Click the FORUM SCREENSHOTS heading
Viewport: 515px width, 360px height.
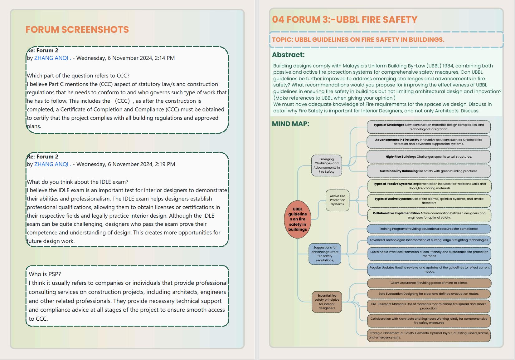[x=77, y=29]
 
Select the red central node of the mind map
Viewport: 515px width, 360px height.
[x=298, y=219]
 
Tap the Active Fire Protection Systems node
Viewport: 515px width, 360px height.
[x=338, y=200]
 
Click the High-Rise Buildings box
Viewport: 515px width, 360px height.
[x=429, y=157]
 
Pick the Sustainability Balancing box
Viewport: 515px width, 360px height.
[x=429, y=171]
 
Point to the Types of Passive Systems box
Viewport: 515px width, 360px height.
[x=429, y=186]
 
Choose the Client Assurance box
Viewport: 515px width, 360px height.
[x=429, y=283]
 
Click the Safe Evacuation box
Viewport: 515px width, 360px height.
[x=429, y=294]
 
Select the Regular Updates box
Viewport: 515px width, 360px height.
[x=429, y=269]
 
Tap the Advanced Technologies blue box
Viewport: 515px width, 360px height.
[x=429, y=240]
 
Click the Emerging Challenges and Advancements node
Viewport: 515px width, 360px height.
[x=327, y=165]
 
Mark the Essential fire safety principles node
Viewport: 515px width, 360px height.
[x=327, y=302]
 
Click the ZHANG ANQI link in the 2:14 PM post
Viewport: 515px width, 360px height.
[x=51, y=58]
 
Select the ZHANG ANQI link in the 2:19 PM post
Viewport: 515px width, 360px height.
[x=51, y=164]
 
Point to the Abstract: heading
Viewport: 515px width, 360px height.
[x=288, y=55]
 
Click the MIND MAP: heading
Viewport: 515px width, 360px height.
[x=290, y=124]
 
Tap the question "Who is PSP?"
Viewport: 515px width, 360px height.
[x=45, y=274]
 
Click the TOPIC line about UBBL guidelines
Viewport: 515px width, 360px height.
[x=358, y=40]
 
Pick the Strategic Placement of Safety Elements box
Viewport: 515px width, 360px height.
[x=429, y=335]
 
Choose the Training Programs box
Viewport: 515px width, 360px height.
[x=429, y=229]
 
